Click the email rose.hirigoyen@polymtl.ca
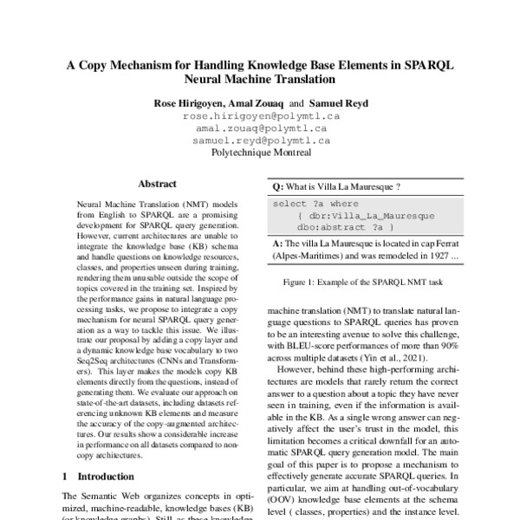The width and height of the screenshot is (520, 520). pyautogui.click(x=261, y=115)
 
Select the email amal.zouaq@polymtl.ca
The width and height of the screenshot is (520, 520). pyautogui.click(x=261, y=127)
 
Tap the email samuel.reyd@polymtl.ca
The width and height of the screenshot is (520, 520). pyautogui.click(x=261, y=140)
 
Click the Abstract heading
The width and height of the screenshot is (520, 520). pyautogui.click(x=158, y=185)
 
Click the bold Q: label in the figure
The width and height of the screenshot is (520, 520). pyautogui.click(x=278, y=186)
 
